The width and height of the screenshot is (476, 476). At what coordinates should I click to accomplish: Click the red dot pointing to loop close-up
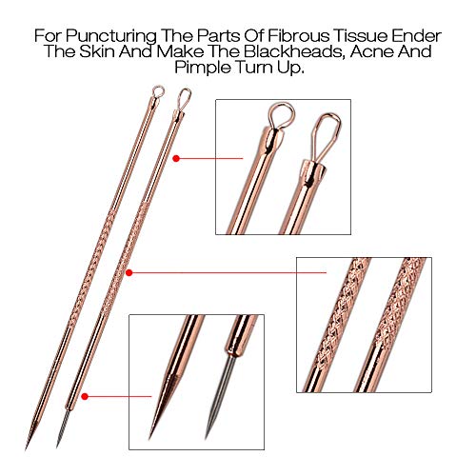181,160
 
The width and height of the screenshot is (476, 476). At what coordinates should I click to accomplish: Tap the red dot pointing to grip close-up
130,272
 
